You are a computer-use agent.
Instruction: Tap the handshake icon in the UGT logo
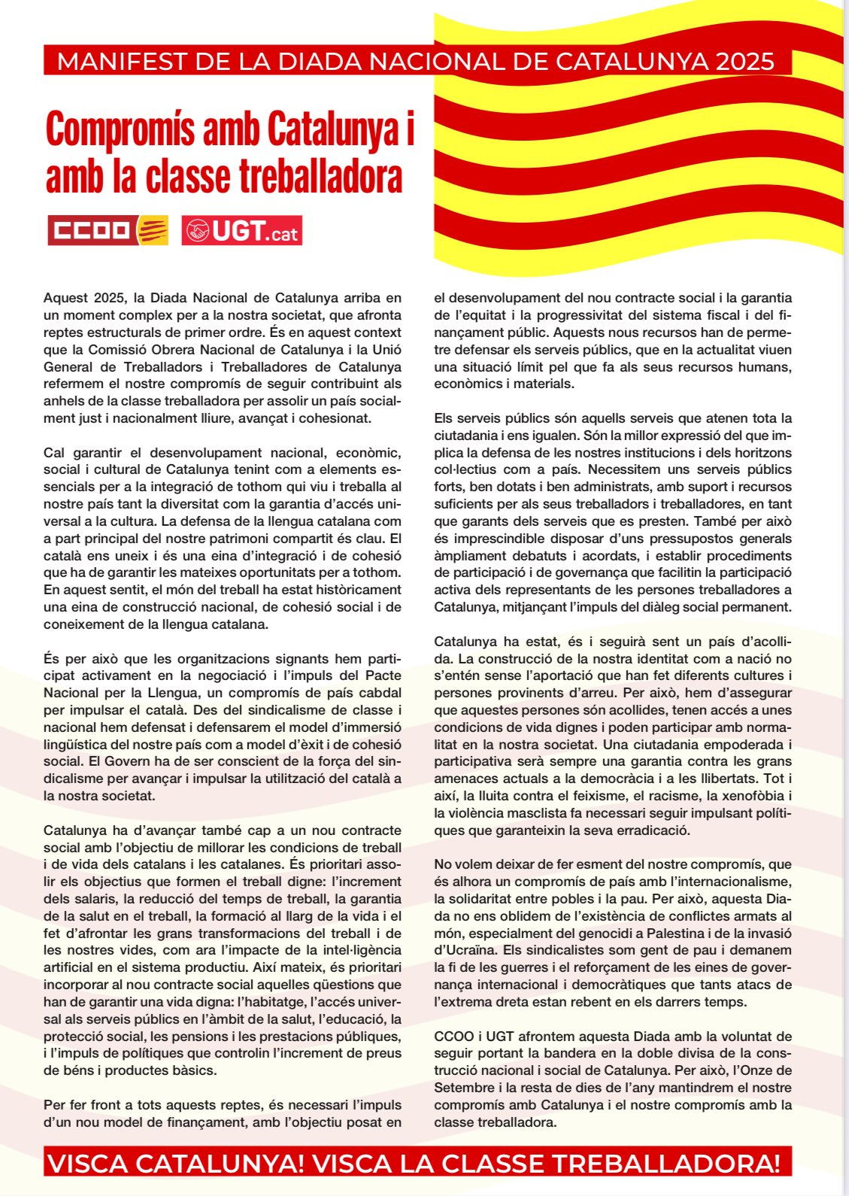click(198, 231)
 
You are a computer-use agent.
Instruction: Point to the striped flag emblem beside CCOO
click(153, 230)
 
